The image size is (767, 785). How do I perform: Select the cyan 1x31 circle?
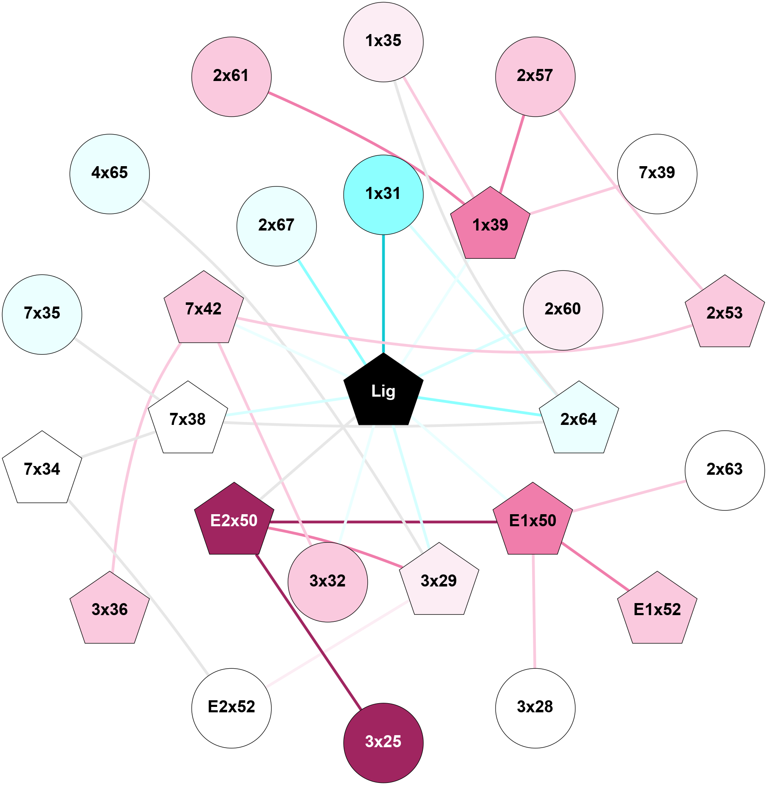pos(383,194)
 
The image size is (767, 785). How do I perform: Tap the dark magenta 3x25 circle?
pos(383,743)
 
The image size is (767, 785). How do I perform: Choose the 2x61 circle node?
pos(231,76)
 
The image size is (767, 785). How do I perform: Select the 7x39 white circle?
pos(657,174)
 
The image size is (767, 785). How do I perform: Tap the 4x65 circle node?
pos(110,174)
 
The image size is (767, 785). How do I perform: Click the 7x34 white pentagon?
pos(42,469)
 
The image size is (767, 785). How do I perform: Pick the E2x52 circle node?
pos(231,708)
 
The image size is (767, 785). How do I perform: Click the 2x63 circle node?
pos(725,470)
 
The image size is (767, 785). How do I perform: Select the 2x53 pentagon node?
pos(725,313)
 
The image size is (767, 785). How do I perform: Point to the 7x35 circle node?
pos(42,314)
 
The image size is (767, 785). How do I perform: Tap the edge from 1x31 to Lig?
pos(383,291)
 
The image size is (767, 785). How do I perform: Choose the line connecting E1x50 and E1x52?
pos(594,566)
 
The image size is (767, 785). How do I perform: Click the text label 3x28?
pos(535,707)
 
